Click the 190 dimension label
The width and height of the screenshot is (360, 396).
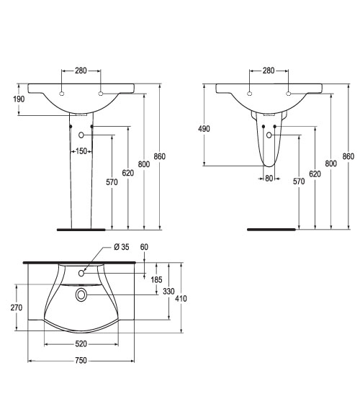point(19,99)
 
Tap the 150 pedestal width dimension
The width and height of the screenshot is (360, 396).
point(81,151)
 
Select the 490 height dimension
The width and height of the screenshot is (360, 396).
point(204,129)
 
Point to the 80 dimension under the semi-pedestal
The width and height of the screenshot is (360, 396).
point(269,179)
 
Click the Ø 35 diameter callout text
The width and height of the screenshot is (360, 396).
point(122,247)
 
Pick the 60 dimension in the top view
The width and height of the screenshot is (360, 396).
point(144,247)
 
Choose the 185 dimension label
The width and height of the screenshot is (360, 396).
point(156,279)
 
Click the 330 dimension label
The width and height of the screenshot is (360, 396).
point(168,291)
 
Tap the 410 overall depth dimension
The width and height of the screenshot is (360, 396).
point(181,299)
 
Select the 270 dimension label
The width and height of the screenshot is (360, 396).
point(17,307)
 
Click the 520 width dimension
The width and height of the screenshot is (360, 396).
point(81,343)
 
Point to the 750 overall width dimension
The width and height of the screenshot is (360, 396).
point(81,361)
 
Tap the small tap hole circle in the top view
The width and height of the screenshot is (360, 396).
point(81,273)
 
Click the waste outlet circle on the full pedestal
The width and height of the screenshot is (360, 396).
point(81,135)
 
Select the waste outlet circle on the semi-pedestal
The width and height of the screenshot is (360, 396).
point(269,135)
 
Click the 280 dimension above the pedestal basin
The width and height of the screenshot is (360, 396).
point(81,71)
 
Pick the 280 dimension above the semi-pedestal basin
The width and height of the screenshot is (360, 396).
point(269,71)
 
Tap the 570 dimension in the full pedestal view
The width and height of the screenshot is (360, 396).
point(112,182)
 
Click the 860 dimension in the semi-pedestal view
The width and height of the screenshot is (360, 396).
point(348,156)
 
